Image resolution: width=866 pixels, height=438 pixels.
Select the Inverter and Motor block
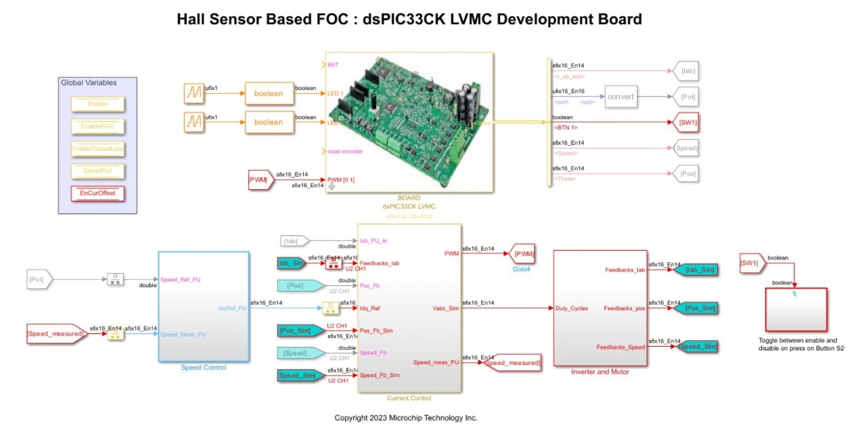pos(599,308)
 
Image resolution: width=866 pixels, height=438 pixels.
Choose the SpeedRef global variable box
pos(98,171)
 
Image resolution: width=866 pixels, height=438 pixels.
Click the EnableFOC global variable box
pos(98,126)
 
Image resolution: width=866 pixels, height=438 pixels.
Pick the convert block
pos(620,97)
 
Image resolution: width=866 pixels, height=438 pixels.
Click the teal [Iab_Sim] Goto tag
pos(696,270)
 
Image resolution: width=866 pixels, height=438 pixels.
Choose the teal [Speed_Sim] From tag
pos(298,375)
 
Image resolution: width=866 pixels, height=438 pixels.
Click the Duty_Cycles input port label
pos(571,308)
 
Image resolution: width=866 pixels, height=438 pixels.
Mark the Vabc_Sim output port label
pos(445,308)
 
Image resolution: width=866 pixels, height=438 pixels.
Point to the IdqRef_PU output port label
pos(232,308)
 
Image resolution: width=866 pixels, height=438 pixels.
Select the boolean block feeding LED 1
pos(269,93)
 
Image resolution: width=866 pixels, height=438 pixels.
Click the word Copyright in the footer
pos(352,418)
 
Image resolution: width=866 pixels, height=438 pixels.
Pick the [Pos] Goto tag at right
pos(686,174)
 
